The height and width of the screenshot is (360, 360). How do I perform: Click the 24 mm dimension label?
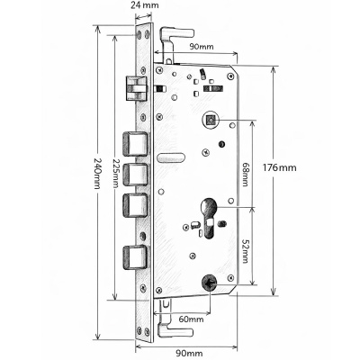(x=145, y=5)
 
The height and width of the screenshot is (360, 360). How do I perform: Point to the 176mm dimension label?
(x=279, y=167)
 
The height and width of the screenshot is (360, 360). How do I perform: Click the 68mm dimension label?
(x=245, y=175)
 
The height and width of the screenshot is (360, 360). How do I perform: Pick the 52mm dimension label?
(x=245, y=251)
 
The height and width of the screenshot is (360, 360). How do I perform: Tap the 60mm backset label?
(x=191, y=319)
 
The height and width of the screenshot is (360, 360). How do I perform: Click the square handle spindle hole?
(x=210, y=121)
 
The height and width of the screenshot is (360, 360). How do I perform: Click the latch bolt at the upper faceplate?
(x=136, y=87)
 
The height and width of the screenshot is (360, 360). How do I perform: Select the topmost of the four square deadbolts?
(x=135, y=144)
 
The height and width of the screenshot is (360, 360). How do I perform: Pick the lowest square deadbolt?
(x=135, y=257)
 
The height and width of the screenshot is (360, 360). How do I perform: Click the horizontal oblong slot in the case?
(x=171, y=157)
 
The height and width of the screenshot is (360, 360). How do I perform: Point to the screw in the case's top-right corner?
(x=230, y=76)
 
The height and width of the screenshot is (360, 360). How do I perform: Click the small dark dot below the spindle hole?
(x=221, y=144)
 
